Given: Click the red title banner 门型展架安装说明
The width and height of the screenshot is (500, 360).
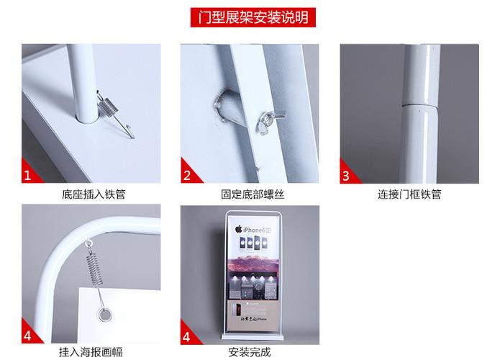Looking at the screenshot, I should coord(249,17).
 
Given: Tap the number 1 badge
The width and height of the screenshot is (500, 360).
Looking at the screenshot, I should coord(28,176).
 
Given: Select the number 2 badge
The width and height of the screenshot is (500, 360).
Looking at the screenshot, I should coord(187,176).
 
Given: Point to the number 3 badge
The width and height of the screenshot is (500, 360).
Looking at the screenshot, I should coord(346,176).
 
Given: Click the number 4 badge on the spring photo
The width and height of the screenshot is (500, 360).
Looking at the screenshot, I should coord(28,336).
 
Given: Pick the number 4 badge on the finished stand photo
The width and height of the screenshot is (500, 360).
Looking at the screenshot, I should coord(187,336).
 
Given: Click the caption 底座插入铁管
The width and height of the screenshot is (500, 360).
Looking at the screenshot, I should coord(94,194).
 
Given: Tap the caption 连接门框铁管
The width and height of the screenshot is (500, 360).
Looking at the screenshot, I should coord(409,194).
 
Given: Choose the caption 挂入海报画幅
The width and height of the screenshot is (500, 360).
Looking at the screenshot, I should coord(94,353).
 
